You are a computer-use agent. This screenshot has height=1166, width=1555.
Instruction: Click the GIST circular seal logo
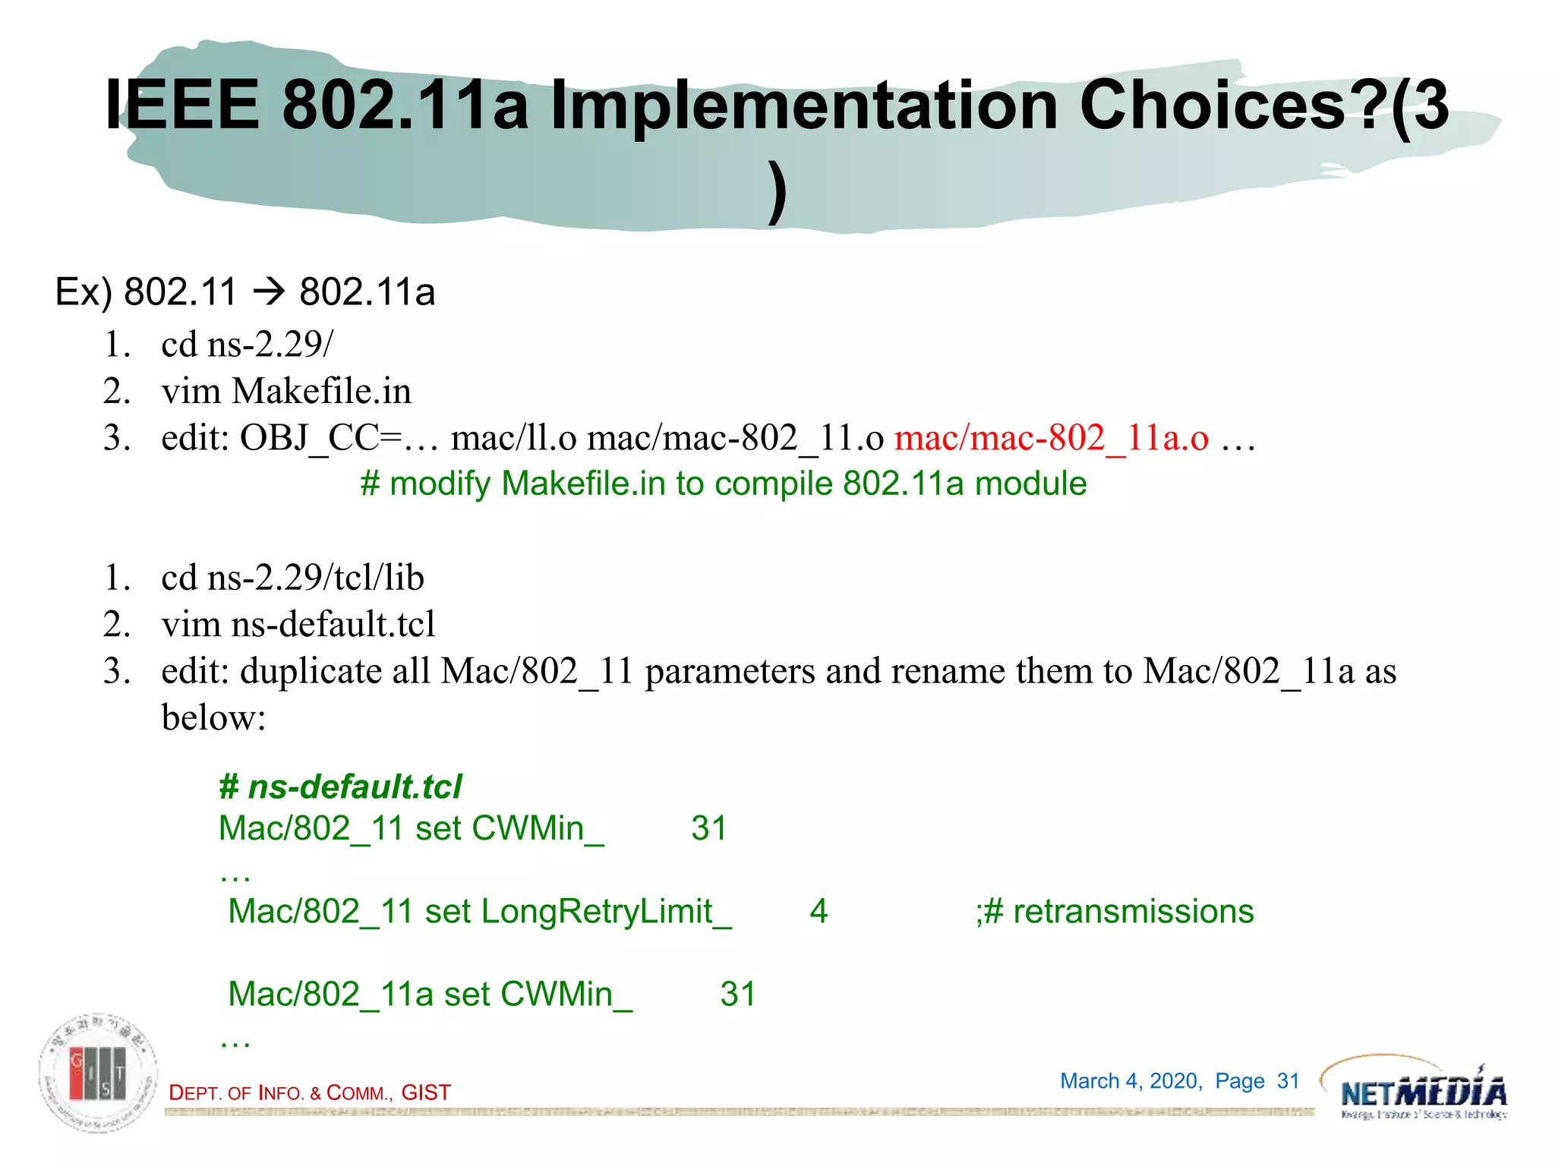pos(99,1072)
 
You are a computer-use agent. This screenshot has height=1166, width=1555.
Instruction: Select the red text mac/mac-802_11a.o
pos(1052,438)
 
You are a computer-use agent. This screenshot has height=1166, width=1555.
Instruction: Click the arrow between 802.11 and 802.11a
pos(268,292)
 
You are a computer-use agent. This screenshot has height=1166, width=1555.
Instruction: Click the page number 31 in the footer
pos(1288,1080)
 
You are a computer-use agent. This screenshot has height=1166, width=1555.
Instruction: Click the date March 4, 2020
pos(1131,1080)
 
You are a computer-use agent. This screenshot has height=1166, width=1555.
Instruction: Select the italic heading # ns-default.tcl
pos(340,786)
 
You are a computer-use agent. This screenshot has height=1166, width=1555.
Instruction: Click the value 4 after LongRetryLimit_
pos(819,911)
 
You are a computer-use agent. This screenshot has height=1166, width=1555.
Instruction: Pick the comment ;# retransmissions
pos(1115,911)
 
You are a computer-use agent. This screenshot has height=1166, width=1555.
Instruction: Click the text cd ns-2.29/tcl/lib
pos(292,578)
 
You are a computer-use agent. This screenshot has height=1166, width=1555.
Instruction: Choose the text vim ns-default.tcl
pos(298,624)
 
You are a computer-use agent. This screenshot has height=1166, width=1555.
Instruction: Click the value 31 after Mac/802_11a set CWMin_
pos(738,994)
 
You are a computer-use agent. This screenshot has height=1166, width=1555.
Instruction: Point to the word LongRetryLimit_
pos(606,911)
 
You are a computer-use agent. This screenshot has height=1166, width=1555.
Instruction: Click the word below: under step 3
pos(213,717)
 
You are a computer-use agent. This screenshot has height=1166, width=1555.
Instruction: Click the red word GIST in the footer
pos(426,1092)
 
